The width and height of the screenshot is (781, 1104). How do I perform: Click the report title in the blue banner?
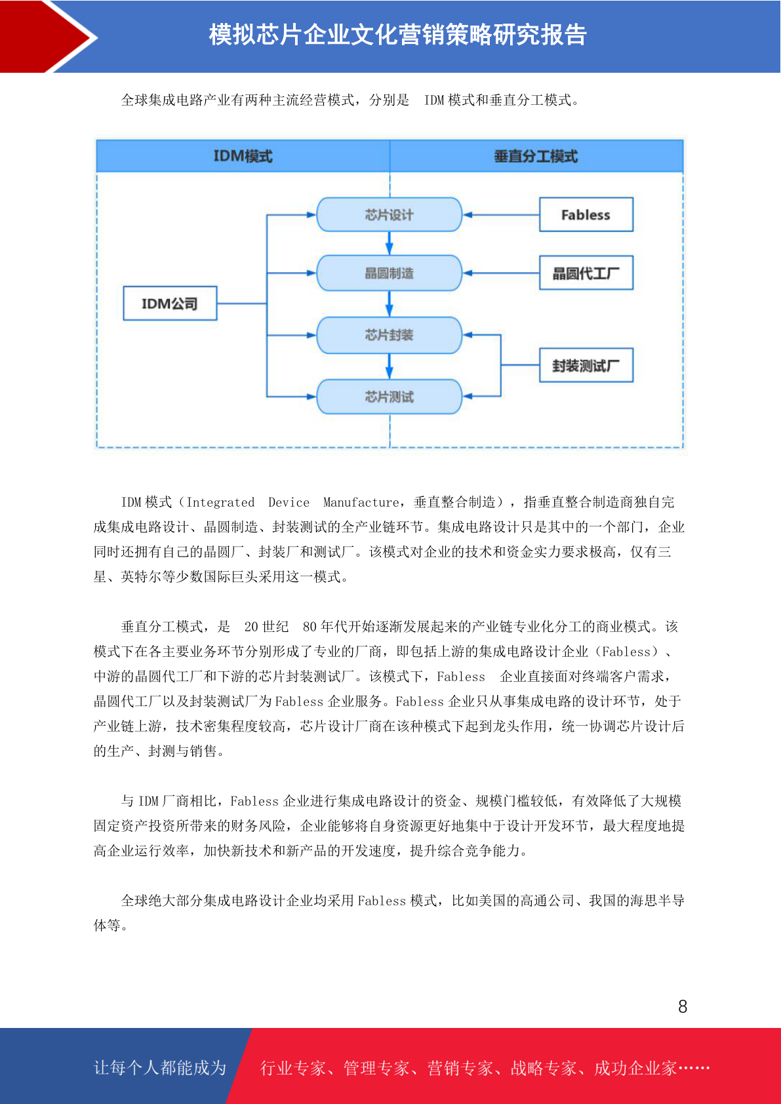tap(397, 35)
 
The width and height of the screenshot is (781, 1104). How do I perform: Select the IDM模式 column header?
tap(243, 156)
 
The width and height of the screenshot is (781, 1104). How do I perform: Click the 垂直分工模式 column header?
tap(536, 156)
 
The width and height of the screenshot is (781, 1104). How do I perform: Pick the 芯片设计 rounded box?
tap(389, 214)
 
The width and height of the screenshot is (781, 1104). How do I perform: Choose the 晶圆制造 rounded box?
tap(389, 273)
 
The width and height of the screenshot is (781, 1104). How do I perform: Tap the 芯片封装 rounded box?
tap(389, 335)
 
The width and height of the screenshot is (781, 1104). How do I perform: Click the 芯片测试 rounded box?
tap(389, 396)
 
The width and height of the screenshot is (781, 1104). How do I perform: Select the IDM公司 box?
tap(170, 303)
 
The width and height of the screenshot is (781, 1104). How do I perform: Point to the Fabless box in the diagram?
tap(586, 214)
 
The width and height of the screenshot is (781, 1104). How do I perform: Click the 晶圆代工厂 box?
tap(586, 273)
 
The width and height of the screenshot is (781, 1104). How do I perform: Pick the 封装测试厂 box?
tap(586, 365)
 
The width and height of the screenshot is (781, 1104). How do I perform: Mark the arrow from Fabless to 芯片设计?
tap(501, 215)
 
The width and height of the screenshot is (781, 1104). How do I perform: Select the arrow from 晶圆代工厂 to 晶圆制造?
tap(501, 273)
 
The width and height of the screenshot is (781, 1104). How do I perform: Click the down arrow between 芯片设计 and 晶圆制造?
tap(389, 243)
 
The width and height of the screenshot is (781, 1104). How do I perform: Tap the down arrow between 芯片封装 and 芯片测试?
tap(389, 366)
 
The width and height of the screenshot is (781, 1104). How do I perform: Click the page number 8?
tap(683, 1006)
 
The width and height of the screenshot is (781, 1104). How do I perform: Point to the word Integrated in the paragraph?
tap(220, 502)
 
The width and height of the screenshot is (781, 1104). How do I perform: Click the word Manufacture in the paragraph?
tap(361, 502)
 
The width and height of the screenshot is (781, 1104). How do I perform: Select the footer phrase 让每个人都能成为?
tap(160, 1067)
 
